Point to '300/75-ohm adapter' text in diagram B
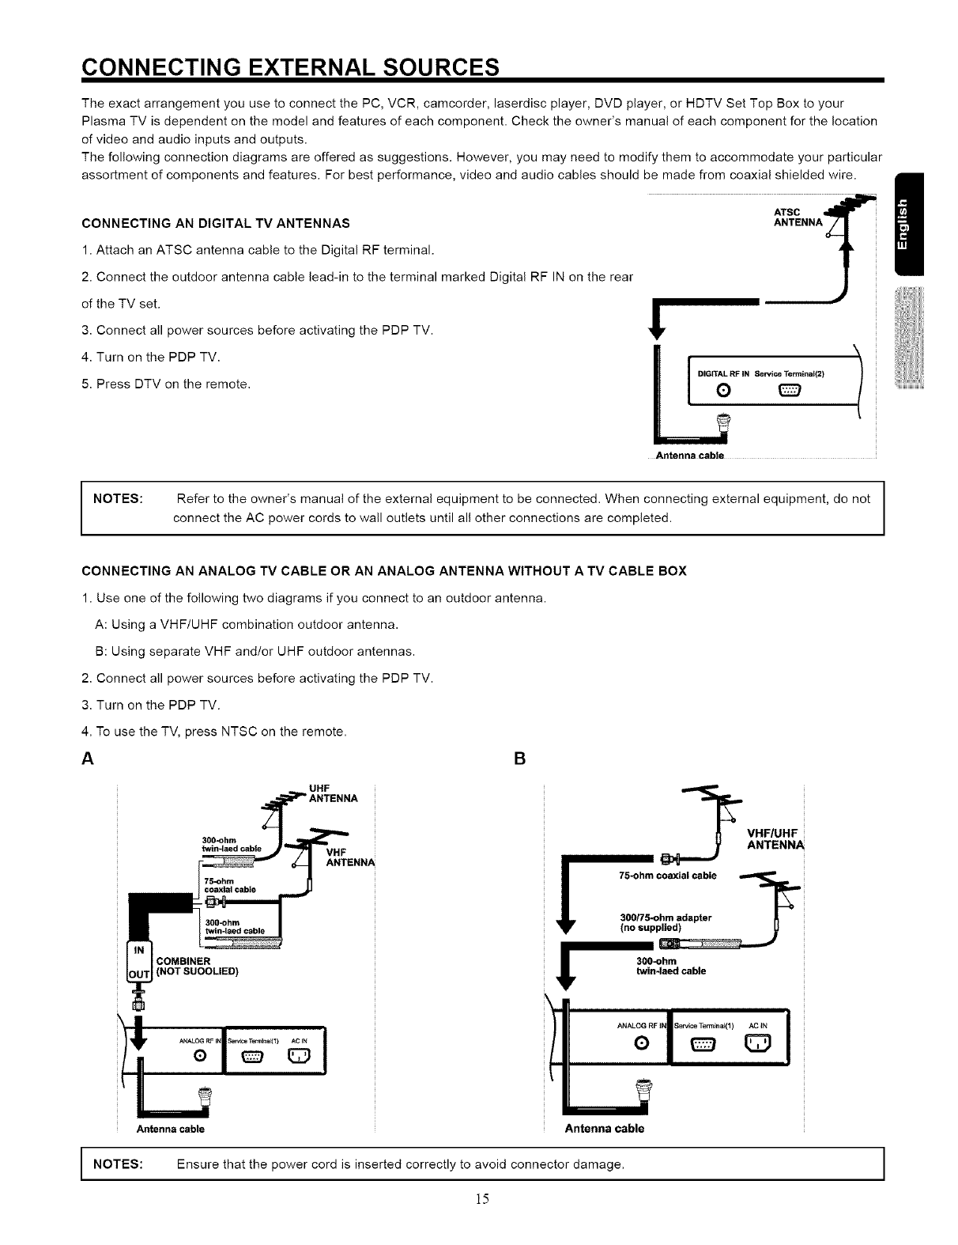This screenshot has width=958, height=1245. coord(666,918)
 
